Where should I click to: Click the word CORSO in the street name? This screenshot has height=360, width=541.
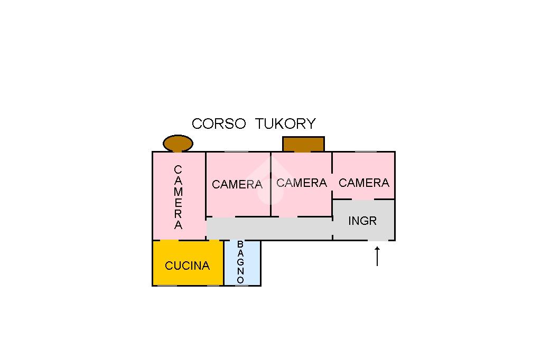tap(219, 124)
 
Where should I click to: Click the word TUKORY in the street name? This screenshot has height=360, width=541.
tap(285, 124)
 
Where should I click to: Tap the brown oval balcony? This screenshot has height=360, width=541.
tap(178, 143)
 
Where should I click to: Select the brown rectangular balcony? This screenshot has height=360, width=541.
tap(303, 144)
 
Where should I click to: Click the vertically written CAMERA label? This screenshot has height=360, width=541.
tap(178, 197)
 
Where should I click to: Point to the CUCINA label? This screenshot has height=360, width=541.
tap(188, 266)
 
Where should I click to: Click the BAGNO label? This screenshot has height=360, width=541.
tap(240, 262)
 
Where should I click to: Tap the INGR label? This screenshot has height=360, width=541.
tap(362, 221)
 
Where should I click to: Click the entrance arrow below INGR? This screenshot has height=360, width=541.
tap(377, 256)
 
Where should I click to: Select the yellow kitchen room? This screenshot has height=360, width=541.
tap(188, 263)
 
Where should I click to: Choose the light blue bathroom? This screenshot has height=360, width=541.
tap(242, 263)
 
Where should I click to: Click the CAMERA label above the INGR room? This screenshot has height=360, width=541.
tap(364, 183)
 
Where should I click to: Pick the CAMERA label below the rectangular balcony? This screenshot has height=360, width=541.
tap(302, 183)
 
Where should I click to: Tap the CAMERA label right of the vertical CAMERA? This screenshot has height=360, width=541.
tap(237, 184)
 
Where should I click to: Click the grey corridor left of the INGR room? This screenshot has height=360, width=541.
tap(269, 228)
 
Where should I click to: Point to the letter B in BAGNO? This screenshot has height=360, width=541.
tap(240, 244)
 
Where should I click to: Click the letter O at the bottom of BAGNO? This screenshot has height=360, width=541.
tap(240, 280)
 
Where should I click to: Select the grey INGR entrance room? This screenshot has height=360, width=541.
tap(363, 220)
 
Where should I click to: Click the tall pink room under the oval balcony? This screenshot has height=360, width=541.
tap(179, 196)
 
